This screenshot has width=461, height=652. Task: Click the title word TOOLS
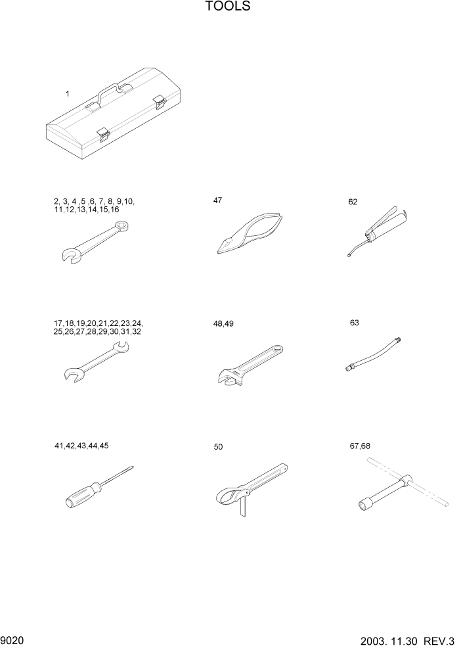pos(228,7)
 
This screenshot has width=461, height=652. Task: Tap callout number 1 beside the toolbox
pos(67,94)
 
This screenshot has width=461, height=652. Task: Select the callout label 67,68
pos(360,446)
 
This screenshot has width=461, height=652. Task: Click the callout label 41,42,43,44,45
pos(81,446)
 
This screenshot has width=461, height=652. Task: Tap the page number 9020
pos(13,640)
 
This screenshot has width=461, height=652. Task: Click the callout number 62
pos(353,202)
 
